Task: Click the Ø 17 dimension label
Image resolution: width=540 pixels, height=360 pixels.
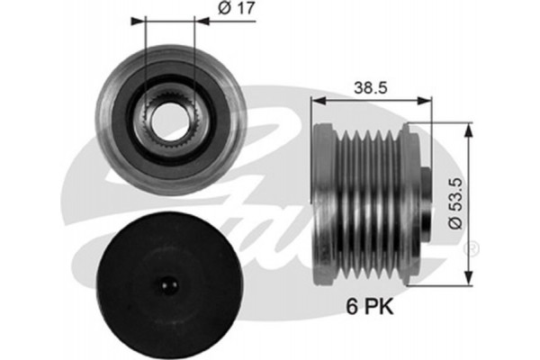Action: point(237,8)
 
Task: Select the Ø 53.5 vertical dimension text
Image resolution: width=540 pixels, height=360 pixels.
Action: point(455,203)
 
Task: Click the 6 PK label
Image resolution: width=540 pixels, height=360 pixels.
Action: point(370,306)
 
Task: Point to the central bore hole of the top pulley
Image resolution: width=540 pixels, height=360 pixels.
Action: point(170,118)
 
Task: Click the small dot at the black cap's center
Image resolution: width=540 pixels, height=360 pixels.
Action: point(168,284)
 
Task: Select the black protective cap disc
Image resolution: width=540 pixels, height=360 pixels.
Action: point(168,285)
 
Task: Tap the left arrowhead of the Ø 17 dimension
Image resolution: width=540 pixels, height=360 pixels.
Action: point(138,21)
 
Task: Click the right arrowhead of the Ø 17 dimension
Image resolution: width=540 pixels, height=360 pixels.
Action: point(202,21)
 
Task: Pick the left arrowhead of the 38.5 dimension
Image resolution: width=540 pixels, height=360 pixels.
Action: point(319,101)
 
